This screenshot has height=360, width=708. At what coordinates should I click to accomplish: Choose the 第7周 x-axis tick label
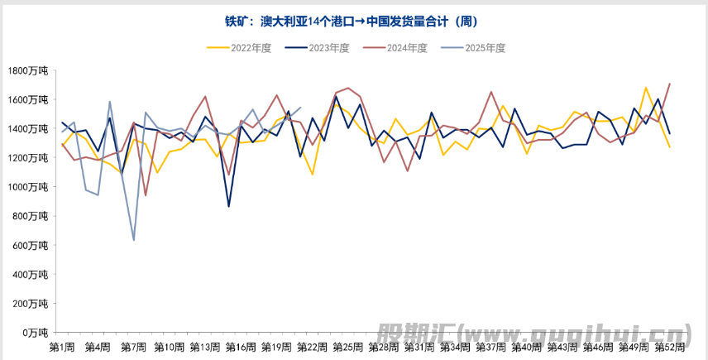[133, 346]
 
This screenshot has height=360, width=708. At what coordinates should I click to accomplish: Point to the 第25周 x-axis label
[347, 346]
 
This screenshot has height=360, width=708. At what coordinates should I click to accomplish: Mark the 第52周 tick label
[668, 346]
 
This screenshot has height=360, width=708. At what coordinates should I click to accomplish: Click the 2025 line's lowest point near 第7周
[134, 240]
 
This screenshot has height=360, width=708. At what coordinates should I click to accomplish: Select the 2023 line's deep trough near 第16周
[228, 206]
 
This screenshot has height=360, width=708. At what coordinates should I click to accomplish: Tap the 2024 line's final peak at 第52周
[669, 84]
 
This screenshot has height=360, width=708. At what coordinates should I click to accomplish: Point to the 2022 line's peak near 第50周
[645, 88]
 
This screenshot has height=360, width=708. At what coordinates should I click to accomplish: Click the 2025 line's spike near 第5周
[110, 102]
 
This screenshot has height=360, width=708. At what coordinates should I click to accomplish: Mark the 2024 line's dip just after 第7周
[146, 195]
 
